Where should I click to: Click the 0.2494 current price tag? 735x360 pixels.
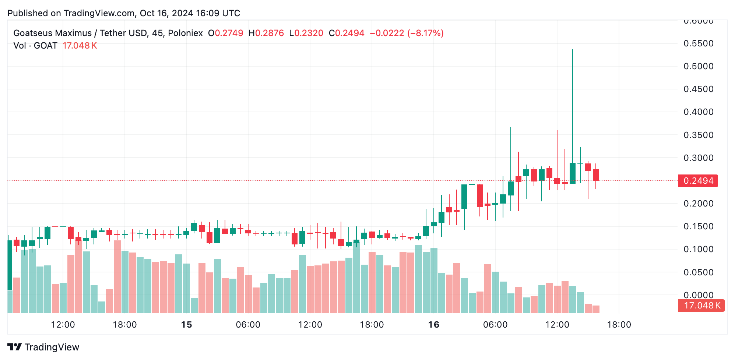coord(698,181)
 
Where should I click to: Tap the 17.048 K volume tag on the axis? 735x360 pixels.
coord(701,306)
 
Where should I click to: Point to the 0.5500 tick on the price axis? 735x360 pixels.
coord(698,43)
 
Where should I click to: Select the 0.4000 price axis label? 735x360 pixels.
coord(698,112)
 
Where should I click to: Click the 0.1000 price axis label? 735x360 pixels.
coord(698,249)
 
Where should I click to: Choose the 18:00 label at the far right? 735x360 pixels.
coord(619,325)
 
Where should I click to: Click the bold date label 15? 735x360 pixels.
coord(187,325)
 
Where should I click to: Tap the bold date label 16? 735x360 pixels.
coord(434,325)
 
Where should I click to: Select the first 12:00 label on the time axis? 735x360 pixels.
coord(63,325)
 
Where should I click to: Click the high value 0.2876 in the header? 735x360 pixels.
coord(270,33)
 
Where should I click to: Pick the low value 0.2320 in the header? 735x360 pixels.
coord(309,33)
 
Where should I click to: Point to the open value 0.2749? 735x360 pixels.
coord(229,33)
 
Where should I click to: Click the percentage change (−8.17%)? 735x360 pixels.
coord(425,33)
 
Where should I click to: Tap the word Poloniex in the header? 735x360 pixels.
coord(185,33)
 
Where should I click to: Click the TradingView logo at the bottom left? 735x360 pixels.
coord(43,347)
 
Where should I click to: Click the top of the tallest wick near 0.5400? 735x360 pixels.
coord(573,50)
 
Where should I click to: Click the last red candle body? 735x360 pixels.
coord(596,175)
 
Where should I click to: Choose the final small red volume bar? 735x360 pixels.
coord(596,309)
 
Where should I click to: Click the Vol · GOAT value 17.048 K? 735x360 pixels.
coord(80,46)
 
